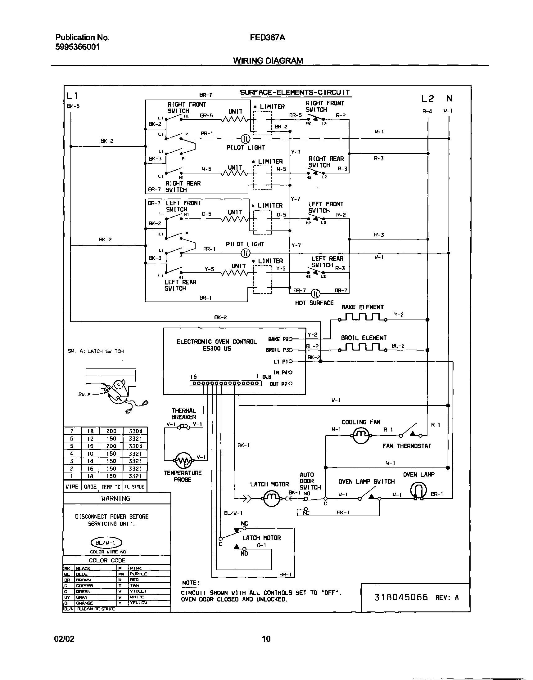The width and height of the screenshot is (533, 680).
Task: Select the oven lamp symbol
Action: (418, 490)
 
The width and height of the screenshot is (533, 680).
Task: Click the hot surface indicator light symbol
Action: (316, 293)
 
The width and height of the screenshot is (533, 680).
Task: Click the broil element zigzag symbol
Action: (362, 347)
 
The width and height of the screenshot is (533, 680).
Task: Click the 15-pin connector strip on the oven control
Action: (225, 384)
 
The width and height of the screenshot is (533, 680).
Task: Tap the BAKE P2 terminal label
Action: (278, 339)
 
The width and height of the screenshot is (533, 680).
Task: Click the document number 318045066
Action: (401, 597)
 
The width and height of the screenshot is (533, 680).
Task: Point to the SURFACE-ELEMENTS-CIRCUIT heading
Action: (295, 92)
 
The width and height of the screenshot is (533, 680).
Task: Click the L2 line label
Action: (427, 99)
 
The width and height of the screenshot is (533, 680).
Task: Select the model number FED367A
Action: (267, 38)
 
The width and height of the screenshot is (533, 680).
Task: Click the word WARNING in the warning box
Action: (116, 498)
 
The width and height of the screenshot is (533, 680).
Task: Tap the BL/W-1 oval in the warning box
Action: (106, 543)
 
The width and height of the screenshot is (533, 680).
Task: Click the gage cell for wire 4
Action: (90, 454)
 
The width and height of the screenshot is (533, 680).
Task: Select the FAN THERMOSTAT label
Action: (407, 446)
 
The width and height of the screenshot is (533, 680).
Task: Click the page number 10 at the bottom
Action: (266, 639)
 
